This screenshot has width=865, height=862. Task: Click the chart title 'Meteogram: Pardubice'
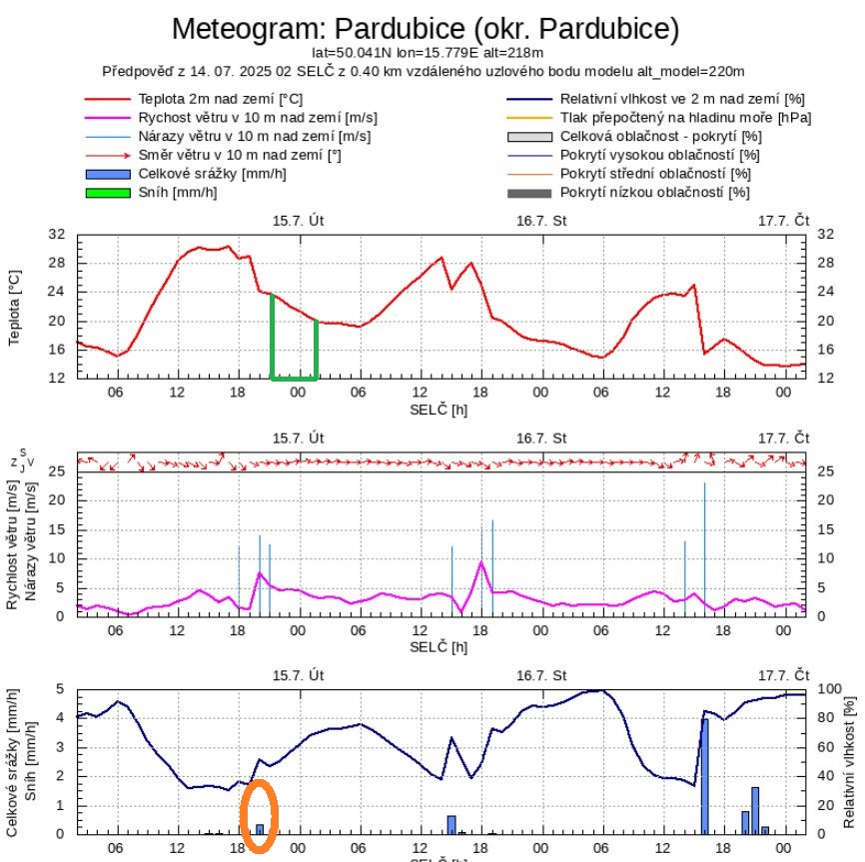(x=426, y=29)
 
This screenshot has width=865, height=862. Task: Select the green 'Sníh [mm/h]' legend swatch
(x=106, y=192)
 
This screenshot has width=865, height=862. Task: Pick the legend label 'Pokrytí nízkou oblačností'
(x=654, y=192)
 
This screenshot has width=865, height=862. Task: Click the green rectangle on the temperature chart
(x=294, y=378)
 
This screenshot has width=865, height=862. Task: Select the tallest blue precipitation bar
(x=704, y=775)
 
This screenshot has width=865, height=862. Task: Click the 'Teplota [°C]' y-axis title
(x=15, y=306)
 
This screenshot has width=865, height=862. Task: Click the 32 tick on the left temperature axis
(x=57, y=234)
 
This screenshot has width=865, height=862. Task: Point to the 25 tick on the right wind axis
(x=825, y=471)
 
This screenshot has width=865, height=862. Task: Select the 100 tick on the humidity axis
(x=829, y=689)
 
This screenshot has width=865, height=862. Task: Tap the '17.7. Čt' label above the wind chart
(x=783, y=437)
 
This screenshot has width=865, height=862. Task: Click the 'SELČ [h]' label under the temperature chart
(x=438, y=410)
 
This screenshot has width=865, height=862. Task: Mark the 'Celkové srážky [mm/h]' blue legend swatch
(x=106, y=174)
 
